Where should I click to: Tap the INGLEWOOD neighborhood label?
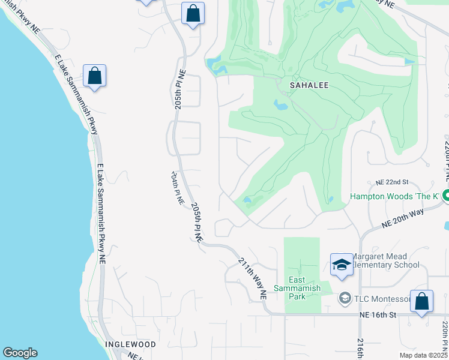pyautogui.click(x=130, y=345)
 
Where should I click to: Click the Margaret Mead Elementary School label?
pyautogui.click(x=385, y=261)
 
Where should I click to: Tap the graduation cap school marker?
pyautogui.click(x=341, y=263)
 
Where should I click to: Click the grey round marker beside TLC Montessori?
pyautogui.click(x=345, y=298)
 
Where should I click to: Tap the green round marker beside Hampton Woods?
pyautogui.click(x=445, y=195)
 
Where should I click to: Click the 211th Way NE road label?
pyautogui.click(x=252, y=279)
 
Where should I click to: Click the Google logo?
pyautogui.click(x=20, y=353)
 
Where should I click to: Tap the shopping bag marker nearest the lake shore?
pyautogui.click(x=95, y=76)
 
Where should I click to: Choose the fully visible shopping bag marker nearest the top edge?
pyautogui.click(x=193, y=13)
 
